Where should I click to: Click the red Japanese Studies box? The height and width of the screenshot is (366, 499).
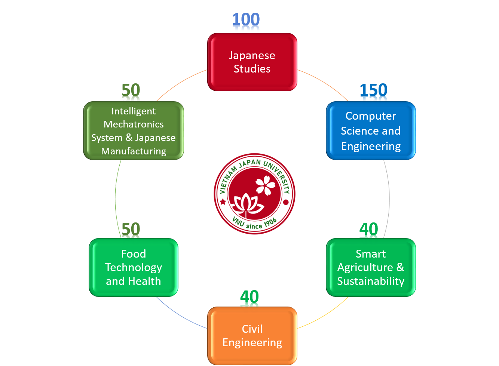click(x=252, y=62)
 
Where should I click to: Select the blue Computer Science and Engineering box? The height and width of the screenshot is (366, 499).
click(x=371, y=131)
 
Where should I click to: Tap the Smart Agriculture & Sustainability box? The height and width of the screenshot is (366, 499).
click(x=371, y=267)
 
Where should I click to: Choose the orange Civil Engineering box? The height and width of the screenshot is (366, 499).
click(x=252, y=336)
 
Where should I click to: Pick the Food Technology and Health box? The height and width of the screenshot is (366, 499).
click(x=134, y=267)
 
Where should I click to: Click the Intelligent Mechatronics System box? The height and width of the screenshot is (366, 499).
click(x=134, y=131)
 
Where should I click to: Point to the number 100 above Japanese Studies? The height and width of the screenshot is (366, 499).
click(x=246, y=19)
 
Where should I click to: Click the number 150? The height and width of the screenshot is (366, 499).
click(x=374, y=90)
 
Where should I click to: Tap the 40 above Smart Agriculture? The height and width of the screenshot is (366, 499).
click(x=369, y=229)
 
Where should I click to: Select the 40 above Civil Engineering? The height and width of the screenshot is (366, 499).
click(x=249, y=297)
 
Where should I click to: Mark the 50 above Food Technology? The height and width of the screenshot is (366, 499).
click(x=131, y=229)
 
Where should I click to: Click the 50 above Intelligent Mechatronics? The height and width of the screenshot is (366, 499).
click(x=131, y=90)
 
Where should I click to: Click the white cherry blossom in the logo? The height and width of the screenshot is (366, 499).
click(x=265, y=185)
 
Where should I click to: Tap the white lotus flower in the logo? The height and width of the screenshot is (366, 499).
click(x=247, y=204)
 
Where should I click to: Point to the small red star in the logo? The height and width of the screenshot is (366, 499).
click(x=223, y=202)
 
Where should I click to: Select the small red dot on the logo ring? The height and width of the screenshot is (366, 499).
click(x=286, y=202)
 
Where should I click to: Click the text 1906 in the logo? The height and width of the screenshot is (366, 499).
click(x=270, y=223)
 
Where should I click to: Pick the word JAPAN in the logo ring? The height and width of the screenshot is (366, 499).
click(x=250, y=164)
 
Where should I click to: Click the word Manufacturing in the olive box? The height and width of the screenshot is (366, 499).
click(x=134, y=151)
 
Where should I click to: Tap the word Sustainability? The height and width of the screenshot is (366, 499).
click(x=371, y=281)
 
